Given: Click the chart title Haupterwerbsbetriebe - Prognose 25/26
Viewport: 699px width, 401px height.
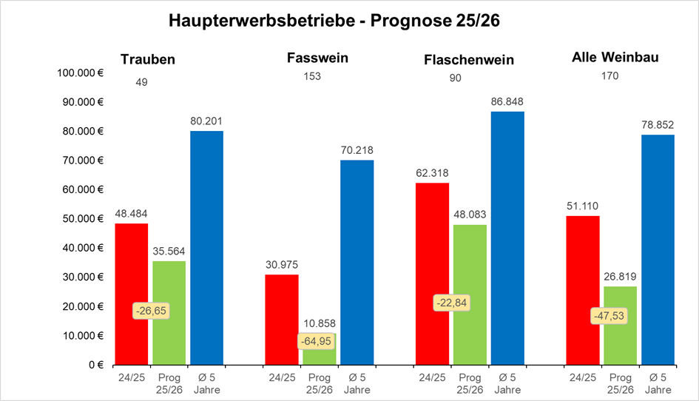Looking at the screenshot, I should click(x=334, y=21).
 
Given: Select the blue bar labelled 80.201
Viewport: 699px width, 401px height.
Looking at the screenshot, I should click(x=206, y=248).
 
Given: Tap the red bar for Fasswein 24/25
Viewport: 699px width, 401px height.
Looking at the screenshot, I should click(x=282, y=319).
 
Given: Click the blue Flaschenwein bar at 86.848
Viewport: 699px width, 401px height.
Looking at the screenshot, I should click(x=507, y=237).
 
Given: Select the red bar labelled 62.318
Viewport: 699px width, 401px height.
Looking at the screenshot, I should click(x=432, y=274).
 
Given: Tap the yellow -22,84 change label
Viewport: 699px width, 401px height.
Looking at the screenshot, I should click(x=451, y=303).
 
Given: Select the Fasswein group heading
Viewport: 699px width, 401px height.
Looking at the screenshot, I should click(x=317, y=58).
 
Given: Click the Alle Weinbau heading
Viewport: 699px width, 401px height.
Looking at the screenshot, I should click(x=615, y=58).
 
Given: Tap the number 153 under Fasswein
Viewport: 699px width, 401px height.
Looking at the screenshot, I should click(x=312, y=76).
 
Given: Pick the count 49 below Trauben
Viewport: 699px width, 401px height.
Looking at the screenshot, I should click(x=142, y=82).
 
